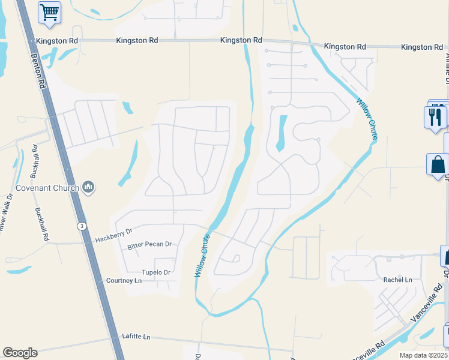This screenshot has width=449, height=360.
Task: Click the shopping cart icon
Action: [50, 12]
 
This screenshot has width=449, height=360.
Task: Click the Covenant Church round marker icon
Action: [89, 188]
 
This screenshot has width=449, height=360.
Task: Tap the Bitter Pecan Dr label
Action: [149, 245]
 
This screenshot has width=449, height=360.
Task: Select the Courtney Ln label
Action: [124, 281]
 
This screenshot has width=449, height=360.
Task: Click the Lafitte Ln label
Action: [136, 336]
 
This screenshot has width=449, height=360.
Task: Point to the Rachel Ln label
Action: [397, 280]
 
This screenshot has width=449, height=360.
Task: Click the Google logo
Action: [20, 353]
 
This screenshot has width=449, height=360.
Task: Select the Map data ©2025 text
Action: [423, 355]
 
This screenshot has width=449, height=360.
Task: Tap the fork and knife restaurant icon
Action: [436, 115]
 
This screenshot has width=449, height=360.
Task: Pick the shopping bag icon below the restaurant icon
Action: [437, 164]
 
